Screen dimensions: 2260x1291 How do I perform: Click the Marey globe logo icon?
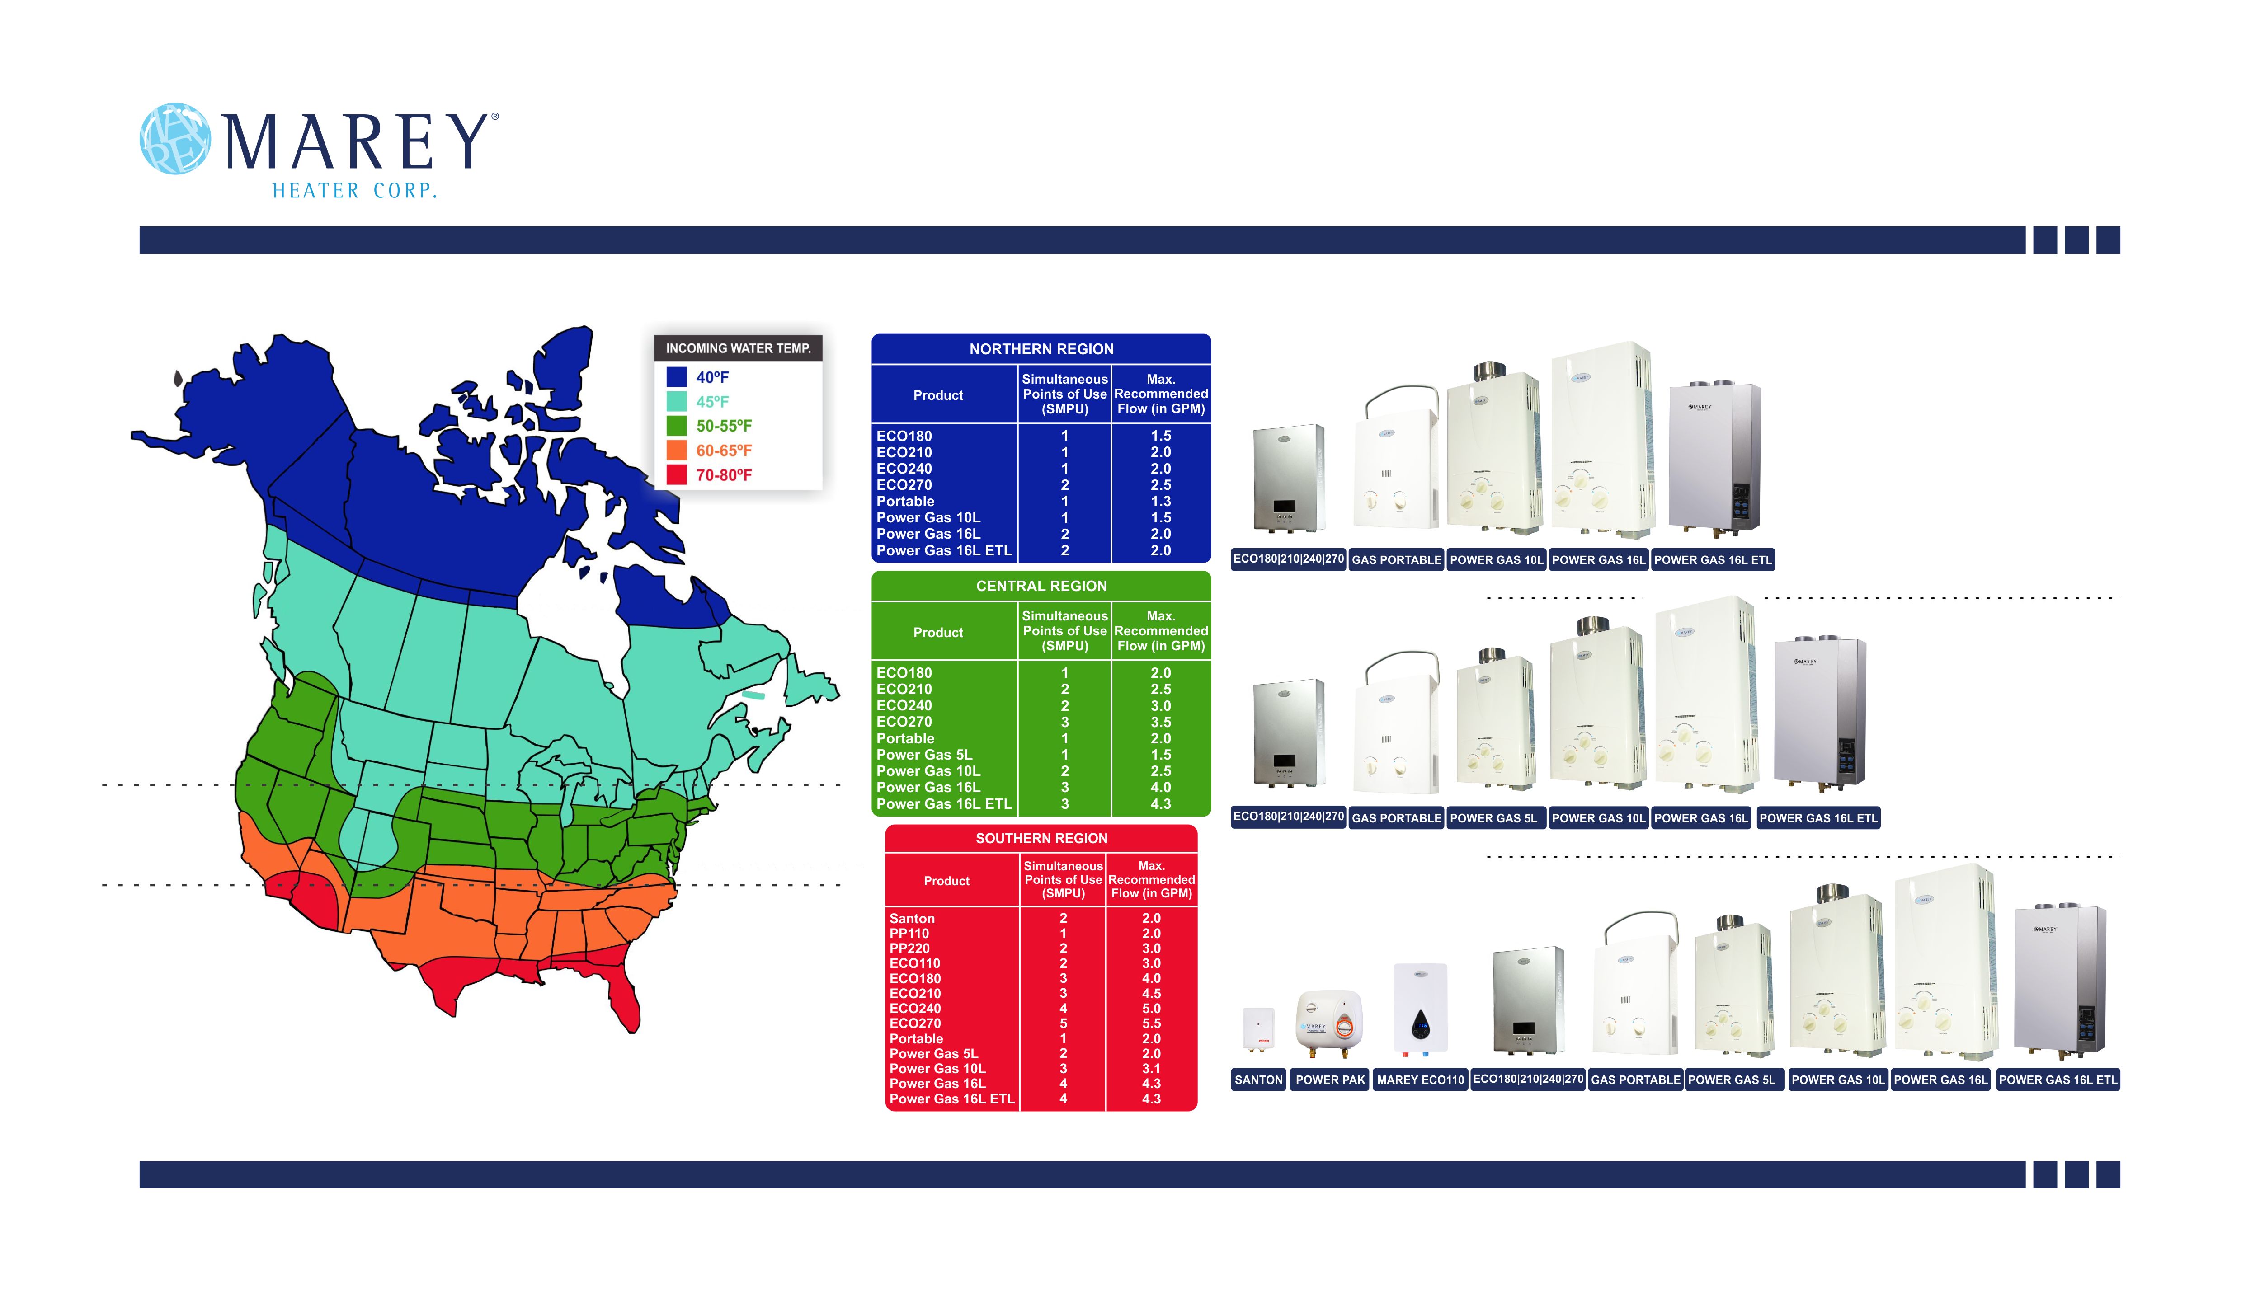(x=175, y=139)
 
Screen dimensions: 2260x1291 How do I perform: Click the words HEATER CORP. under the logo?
(x=355, y=191)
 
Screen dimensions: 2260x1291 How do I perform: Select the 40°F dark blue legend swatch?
(x=677, y=377)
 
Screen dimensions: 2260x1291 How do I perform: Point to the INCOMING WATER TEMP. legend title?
(x=739, y=348)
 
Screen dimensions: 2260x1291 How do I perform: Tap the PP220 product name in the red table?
(x=910, y=949)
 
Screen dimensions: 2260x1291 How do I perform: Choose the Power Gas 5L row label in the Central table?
(x=924, y=755)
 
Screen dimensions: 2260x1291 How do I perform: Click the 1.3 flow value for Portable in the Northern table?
(x=1161, y=501)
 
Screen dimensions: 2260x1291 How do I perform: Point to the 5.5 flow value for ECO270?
(x=1151, y=1023)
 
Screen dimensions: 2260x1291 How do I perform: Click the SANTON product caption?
(x=1258, y=1080)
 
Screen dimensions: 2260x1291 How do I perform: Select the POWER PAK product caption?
(x=1330, y=1080)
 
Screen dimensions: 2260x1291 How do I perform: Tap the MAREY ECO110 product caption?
(x=1420, y=1080)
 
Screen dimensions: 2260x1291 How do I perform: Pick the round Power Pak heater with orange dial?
(x=1329, y=1024)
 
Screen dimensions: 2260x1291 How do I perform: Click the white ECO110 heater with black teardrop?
(x=1420, y=1009)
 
